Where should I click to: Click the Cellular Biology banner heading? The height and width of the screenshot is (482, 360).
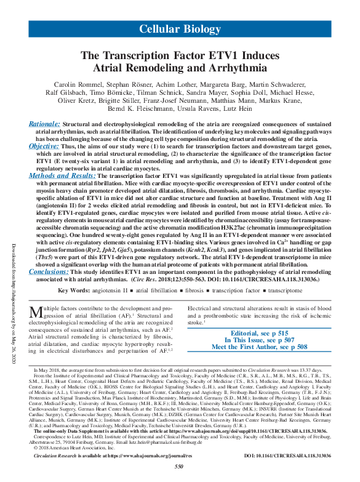(180, 29)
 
